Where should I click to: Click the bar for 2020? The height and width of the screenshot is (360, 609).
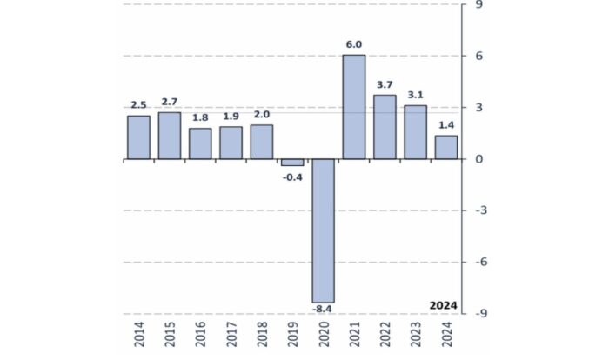324,230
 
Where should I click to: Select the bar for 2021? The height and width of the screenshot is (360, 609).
354,107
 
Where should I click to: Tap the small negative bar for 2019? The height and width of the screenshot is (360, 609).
292,163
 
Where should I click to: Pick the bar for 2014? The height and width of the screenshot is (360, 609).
139,137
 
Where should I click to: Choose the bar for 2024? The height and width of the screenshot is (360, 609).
446,147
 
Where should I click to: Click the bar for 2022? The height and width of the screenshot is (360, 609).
385,127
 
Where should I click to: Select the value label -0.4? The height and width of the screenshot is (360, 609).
292,177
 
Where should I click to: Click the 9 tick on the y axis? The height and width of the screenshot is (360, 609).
477,5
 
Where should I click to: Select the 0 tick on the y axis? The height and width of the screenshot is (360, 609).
477,159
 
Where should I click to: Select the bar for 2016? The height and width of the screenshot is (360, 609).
200,143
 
